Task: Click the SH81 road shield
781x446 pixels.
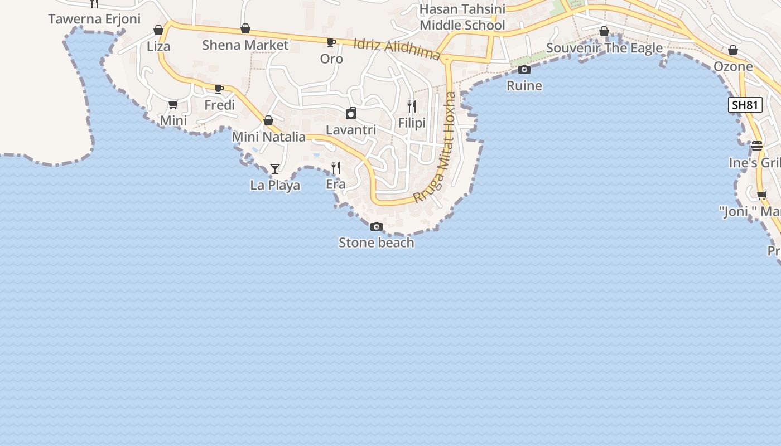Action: pos(745,105)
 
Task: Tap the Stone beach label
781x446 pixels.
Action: pos(377,243)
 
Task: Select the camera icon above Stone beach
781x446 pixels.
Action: pos(377,226)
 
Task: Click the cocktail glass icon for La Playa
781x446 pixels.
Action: pos(275,168)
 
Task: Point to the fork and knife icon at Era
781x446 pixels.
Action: pos(336,167)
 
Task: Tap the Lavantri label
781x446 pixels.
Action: pos(351,130)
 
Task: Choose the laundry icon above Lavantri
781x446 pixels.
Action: pos(351,114)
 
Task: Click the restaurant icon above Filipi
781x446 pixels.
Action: pos(412,106)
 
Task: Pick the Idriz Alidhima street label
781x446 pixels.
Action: pos(397,49)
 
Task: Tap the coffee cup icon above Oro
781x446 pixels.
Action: pos(331,42)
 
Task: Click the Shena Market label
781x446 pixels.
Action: pos(245,45)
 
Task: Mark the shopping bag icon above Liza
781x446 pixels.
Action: pos(158,30)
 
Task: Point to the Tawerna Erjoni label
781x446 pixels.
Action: pos(94,19)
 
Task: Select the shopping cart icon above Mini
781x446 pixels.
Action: pos(173,104)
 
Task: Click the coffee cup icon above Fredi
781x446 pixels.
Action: pos(219,89)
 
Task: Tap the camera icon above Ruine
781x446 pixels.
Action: pos(524,70)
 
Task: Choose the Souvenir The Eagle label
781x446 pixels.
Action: pos(604,48)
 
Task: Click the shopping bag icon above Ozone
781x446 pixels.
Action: pos(733,51)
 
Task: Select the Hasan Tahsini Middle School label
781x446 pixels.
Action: pos(462,17)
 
